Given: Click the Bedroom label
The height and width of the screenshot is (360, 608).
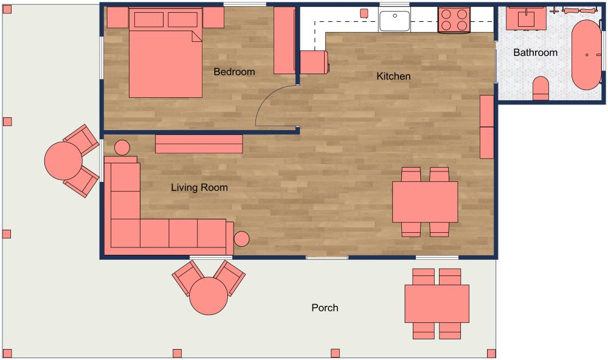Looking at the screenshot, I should point(234,72).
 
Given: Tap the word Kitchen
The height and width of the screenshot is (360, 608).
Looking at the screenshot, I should point(393,76).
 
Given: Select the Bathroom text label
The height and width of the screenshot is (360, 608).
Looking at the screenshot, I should point(535,52).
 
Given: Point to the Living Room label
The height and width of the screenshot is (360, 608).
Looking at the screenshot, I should point(199,187).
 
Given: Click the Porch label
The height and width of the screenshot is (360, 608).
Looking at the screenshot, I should point(325,308).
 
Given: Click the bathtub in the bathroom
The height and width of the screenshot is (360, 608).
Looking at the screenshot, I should point(586,55).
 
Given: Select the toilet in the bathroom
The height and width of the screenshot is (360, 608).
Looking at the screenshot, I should point(541,88).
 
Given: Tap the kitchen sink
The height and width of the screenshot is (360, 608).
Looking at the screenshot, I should point(395,20).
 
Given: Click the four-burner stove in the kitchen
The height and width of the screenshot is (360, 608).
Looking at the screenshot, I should point(454,19).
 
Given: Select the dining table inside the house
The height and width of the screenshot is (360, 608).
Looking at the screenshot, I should point(424,202).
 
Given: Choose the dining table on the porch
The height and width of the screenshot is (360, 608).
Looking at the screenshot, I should point(437,303).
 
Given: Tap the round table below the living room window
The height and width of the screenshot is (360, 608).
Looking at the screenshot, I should point(209,296).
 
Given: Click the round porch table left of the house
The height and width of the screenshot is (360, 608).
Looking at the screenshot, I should point(63,161).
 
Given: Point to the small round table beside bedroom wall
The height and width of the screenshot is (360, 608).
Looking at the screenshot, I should point(122,147).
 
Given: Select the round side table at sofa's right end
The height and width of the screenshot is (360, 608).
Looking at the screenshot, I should point(242,239).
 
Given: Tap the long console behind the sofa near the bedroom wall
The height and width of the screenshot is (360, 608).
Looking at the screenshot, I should point(199,144).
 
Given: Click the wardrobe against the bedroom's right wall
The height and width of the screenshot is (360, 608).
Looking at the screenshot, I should point(284,41).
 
